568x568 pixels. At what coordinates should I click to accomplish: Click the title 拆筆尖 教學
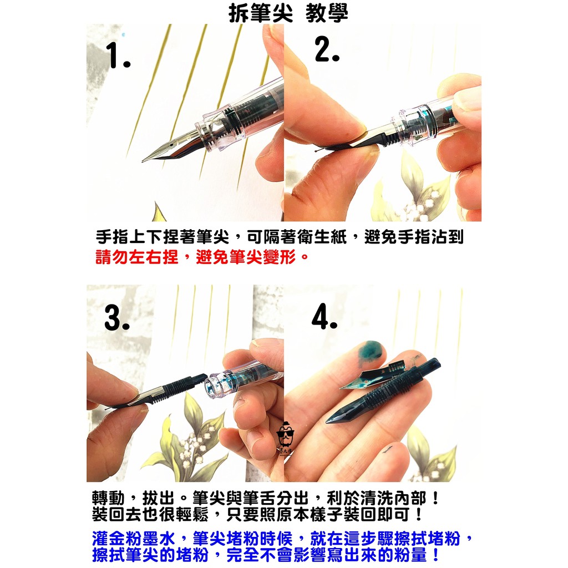[x=288, y=14]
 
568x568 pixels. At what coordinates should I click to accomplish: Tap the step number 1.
[x=118, y=55]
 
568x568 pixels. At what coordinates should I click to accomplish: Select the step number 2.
[x=327, y=49]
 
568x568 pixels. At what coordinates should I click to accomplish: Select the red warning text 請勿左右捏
[x=137, y=256]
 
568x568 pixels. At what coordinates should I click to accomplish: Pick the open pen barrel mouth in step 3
[x=212, y=387]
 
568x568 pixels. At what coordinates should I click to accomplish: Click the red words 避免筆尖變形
[x=246, y=256]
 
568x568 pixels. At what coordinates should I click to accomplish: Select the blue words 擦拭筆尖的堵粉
[x=150, y=555]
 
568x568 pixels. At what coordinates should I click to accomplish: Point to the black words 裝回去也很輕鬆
[x=150, y=514]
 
